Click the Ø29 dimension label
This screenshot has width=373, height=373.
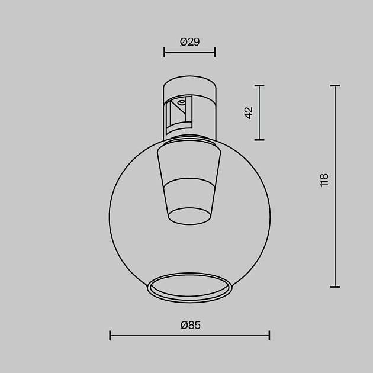click(x=189, y=41)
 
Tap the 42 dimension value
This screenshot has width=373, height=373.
click(x=249, y=112)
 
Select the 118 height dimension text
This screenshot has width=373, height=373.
click(x=324, y=181)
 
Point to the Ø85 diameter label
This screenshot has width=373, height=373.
click(x=189, y=325)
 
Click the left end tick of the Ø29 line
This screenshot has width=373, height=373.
click(x=164, y=52)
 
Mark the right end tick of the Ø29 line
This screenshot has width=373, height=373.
click(x=215, y=52)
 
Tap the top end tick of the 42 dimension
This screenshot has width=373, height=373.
click(x=259, y=86)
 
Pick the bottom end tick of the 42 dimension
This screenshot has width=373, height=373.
click(x=259, y=140)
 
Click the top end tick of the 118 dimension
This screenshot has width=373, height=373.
click(x=335, y=86)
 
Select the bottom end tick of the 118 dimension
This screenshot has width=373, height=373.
click(x=335, y=287)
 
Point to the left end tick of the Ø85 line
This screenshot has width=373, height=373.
click(x=110, y=336)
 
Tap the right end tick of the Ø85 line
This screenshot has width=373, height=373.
click(x=269, y=336)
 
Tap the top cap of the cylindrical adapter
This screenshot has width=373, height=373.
click(x=189, y=83)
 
